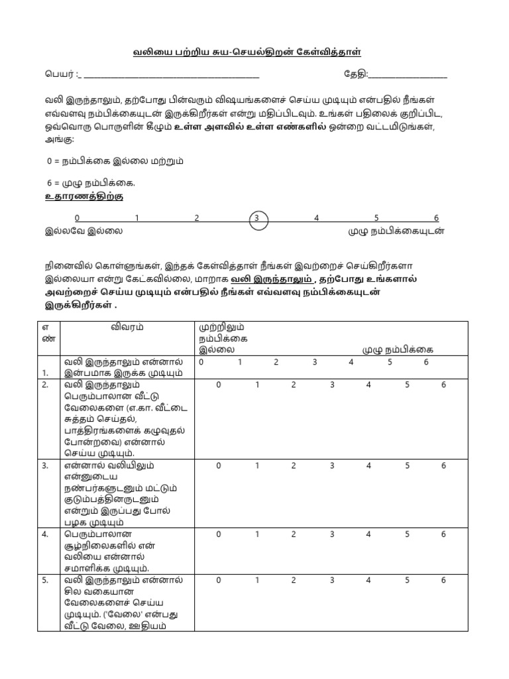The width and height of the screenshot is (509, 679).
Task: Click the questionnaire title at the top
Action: click(254, 52)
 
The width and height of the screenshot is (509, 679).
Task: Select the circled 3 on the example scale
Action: click(258, 218)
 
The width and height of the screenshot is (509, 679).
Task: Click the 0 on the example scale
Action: click(77, 218)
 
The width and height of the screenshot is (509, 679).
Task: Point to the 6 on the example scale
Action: click(435, 218)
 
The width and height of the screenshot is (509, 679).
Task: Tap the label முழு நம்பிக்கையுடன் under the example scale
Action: click(396, 231)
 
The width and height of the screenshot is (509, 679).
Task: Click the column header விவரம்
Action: click(127, 327)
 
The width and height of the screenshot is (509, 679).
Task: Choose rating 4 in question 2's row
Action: click(368, 385)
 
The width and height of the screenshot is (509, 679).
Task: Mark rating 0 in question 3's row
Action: click(219, 465)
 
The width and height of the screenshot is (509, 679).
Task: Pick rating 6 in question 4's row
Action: click(443, 534)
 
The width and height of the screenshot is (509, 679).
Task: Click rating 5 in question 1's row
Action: click(390, 362)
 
